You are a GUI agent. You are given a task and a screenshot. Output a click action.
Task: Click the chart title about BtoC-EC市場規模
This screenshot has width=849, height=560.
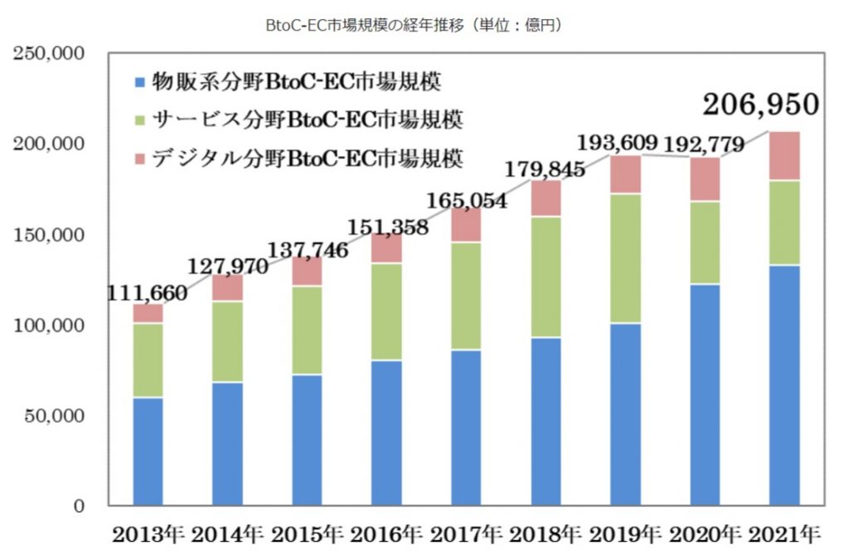click(x=413, y=26)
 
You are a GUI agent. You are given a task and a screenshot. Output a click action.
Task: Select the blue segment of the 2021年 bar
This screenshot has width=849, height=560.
click(x=784, y=385)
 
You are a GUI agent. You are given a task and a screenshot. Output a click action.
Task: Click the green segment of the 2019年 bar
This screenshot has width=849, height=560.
click(x=625, y=258)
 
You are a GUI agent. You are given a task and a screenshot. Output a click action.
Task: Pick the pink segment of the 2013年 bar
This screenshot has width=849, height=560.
click(x=148, y=314)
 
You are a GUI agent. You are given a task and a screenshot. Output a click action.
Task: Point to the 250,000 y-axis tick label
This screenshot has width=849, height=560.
click(x=51, y=54)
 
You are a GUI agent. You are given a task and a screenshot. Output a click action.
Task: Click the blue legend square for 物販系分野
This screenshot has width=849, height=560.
click(x=140, y=82)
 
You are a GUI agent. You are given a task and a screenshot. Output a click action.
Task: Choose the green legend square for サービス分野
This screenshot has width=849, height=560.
click(x=140, y=119)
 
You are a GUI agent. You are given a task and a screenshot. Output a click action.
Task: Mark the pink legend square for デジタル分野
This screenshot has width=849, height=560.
click(x=140, y=156)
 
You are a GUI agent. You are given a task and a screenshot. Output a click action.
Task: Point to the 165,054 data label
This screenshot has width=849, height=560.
click(x=467, y=200)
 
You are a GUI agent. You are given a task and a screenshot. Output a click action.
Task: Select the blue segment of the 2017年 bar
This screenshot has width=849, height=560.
click(x=466, y=427)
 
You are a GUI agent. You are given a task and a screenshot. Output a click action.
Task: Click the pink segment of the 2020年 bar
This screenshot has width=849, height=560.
click(x=705, y=179)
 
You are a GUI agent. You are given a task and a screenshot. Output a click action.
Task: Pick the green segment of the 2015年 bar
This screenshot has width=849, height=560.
click(x=308, y=330)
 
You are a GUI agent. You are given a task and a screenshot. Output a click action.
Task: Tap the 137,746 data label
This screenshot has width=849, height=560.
click(x=308, y=246)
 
